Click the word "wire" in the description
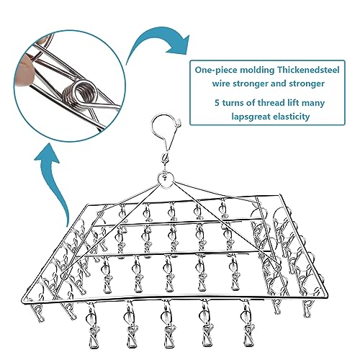(221, 84)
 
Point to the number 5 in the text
(217, 103)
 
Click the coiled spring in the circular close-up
(81, 94)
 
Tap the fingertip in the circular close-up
(24, 70)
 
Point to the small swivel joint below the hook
(166, 158)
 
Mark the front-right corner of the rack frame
(327, 294)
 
